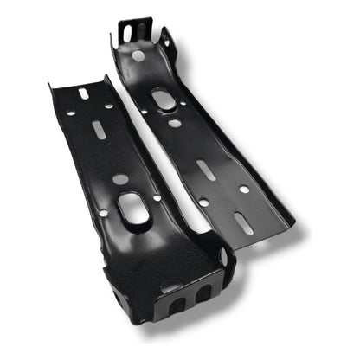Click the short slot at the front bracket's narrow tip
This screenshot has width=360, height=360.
[84, 93]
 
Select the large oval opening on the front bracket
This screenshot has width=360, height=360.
[134, 210]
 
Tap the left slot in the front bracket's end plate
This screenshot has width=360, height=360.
[176, 305]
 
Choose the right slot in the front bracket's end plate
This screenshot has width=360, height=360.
[203, 294]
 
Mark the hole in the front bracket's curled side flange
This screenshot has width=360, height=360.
[223, 257]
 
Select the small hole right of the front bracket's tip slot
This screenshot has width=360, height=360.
[108, 106]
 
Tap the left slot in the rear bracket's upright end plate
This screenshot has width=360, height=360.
[127, 32]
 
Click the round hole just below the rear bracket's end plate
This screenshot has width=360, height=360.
[138, 55]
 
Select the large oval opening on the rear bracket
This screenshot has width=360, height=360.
[164, 100]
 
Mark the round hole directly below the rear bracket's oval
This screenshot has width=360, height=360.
[176, 123]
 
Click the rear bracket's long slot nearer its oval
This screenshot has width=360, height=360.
[205, 170]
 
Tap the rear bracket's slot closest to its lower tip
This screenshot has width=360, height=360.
[243, 222]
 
